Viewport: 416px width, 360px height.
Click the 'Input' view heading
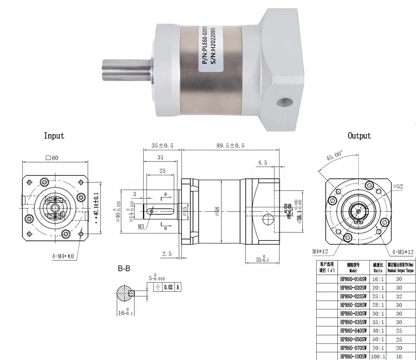click(x=54, y=135)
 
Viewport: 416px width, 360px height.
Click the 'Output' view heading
click(x=359, y=135)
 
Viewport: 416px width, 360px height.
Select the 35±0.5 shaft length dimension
click(x=163, y=146)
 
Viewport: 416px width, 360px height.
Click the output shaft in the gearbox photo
click(x=125, y=72)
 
